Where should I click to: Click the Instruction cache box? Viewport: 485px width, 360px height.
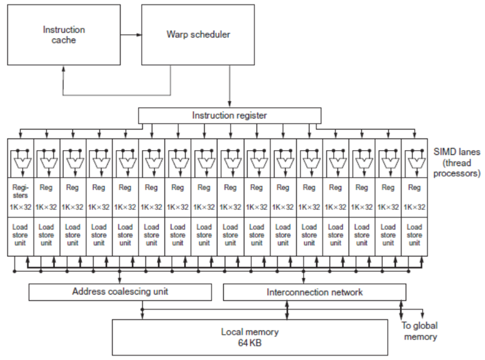[64, 34]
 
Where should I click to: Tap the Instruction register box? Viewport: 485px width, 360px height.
[230, 115]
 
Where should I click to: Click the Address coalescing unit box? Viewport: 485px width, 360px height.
[120, 292]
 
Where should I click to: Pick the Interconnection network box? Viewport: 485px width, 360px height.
[314, 292]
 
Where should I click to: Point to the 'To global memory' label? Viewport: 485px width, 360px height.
[419, 331]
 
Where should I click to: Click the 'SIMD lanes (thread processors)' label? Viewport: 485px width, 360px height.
[457, 162]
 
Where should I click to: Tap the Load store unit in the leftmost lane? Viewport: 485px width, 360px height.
[20, 235]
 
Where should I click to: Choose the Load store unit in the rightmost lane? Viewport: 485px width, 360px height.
[414, 235]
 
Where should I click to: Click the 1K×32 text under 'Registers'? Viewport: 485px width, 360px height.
[20, 207]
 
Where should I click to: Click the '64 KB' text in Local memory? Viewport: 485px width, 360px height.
[249, 342]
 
